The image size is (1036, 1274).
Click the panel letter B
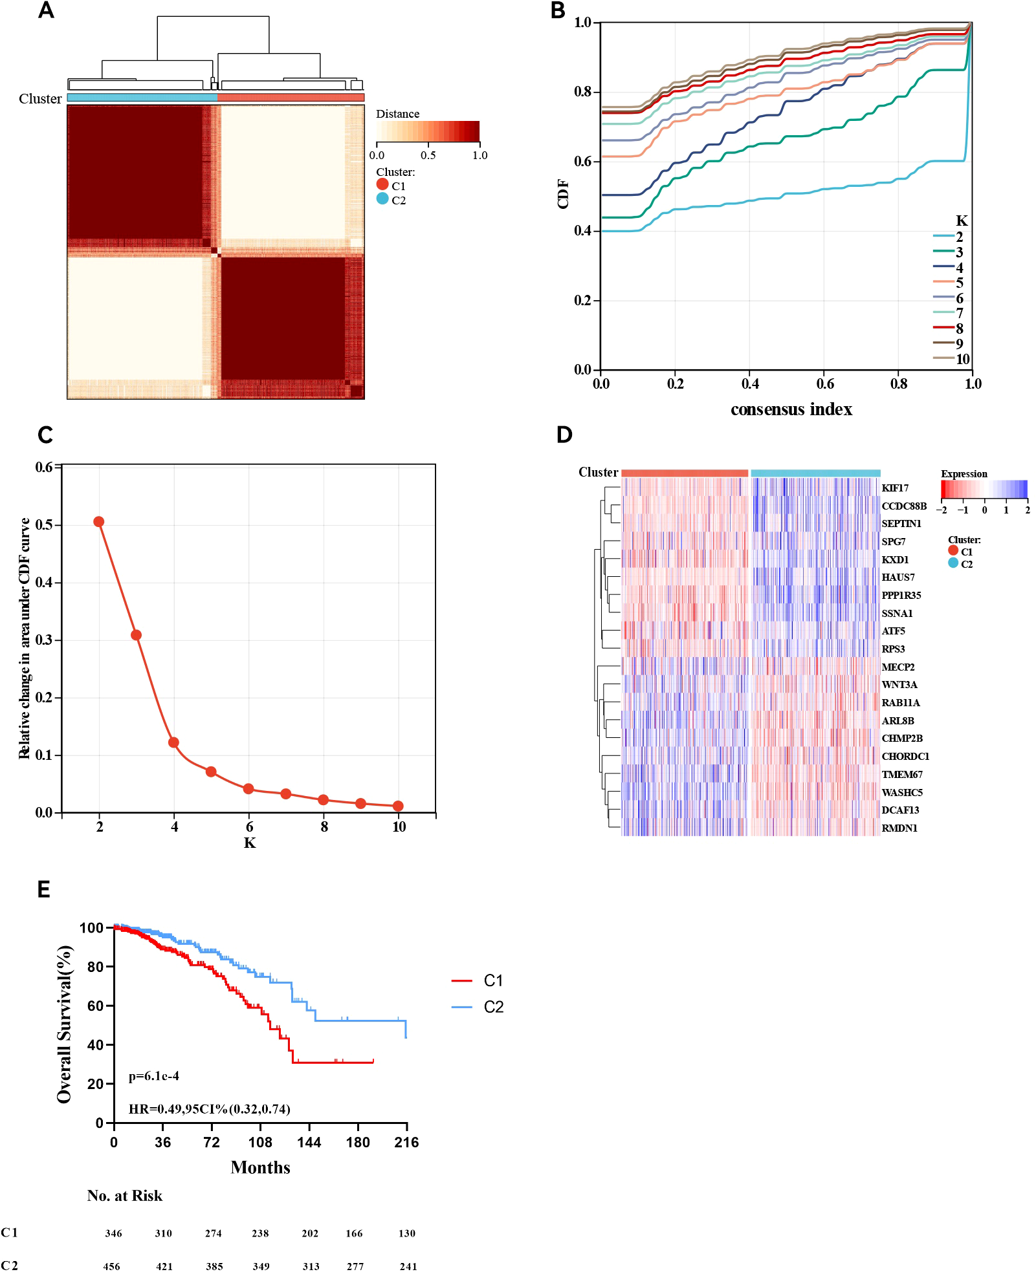558,11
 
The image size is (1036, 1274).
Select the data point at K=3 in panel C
136,635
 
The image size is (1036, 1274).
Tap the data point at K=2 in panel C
99,522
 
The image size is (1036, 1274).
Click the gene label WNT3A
899,685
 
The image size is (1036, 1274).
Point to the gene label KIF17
895,488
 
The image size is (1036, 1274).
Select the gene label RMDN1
899,828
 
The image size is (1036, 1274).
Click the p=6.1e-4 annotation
154,1076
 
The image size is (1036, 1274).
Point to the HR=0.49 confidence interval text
209,1109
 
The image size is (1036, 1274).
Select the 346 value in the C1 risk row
113,1233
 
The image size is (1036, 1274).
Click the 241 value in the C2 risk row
408,1266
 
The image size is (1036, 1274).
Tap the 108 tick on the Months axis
260,1142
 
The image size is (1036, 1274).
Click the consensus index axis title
791,409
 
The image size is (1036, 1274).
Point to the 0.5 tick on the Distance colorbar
428,155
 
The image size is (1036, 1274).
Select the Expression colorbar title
964,474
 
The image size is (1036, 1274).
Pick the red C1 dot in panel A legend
382,184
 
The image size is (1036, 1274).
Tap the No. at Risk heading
125,1196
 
